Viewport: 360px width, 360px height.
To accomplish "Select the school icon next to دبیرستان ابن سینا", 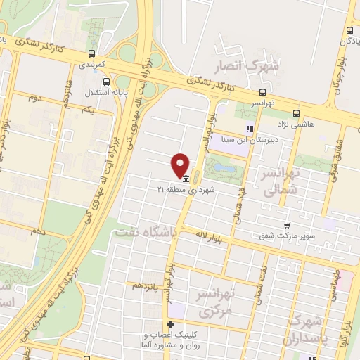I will pos(248,129).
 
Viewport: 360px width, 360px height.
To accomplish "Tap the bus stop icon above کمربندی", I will pos(91,53).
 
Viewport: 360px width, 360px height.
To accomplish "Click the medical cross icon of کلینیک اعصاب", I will pos(170,323).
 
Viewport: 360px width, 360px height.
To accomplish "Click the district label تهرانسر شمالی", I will pos(281,181).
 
